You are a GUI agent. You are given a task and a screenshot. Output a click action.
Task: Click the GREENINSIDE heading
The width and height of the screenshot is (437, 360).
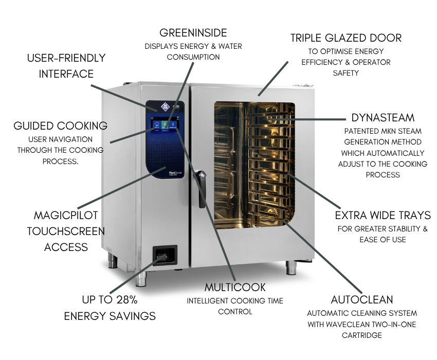click(x=193, y=33)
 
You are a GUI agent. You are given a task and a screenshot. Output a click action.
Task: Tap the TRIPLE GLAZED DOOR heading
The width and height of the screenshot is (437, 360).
click(x=345, y=38)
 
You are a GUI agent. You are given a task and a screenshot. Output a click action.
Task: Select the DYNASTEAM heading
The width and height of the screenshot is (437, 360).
click(x=383, y=117)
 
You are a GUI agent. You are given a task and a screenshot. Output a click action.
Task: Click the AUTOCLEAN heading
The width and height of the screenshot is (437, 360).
click(x=362, y=299)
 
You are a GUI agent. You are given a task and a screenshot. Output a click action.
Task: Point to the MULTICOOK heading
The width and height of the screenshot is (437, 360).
click(x=235, y=286)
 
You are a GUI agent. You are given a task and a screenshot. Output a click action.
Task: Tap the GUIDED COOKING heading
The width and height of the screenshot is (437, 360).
click(x=60, y=125)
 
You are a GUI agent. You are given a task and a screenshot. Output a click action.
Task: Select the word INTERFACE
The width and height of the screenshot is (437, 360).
click(x=66, y=74)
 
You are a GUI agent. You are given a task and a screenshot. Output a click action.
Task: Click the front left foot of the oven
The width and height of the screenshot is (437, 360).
click(x=139, y=280)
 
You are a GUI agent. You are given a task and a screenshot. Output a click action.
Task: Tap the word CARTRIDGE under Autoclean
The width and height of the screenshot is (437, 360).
click(x=362, y=335)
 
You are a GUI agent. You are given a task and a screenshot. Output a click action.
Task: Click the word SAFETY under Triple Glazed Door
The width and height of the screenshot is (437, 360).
click(x=345, y=74)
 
